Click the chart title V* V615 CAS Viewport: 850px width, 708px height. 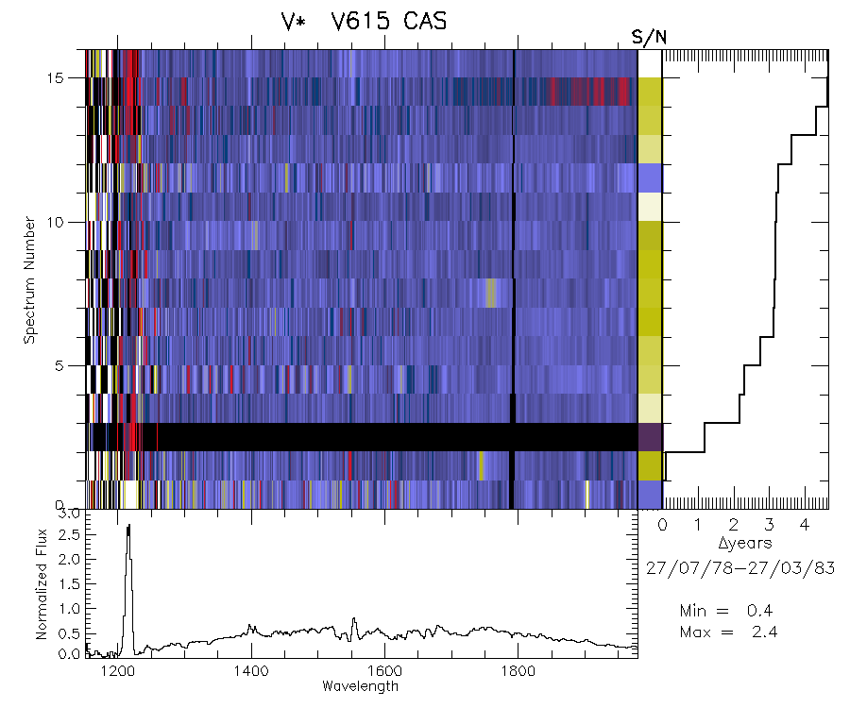(357, 22)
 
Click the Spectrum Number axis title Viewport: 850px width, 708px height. (30, 279)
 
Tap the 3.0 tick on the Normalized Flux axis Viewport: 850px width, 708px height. (68, 515)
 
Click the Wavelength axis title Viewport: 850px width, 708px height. (360, 686)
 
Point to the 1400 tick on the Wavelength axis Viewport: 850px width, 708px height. (250, 671)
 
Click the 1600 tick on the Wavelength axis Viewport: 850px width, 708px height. (383, 671)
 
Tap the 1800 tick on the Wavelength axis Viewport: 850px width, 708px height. (517, 671)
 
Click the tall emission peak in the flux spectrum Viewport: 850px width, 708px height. (128, 529)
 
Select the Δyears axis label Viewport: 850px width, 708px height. (745, 544)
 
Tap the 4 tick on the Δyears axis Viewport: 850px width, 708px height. (803, 525)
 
